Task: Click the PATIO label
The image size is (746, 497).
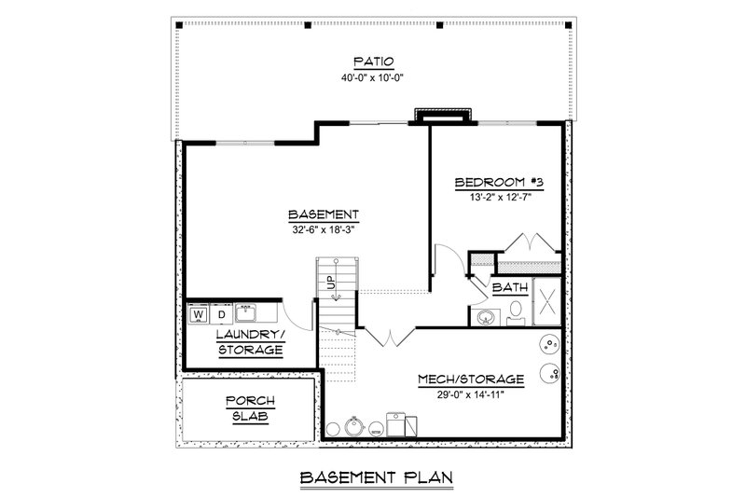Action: pos(374,62)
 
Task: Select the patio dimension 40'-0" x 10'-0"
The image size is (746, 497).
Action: pos(372,77)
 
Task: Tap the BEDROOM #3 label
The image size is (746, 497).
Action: pos(499,182)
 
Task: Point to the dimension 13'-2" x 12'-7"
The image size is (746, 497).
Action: pos(500,197)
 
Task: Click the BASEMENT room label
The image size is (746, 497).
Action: pos(324,214)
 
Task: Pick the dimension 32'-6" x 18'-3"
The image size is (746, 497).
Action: pos(324,229)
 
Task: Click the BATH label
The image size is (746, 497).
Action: pos(510,288)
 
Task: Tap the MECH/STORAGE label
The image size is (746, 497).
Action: pos(471,380)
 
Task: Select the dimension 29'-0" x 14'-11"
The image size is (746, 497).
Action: pos(471,394)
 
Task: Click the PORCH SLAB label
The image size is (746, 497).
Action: pos(250,408)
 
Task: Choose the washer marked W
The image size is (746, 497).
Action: pos(200,314)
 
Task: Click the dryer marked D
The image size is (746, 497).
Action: pos(222,314)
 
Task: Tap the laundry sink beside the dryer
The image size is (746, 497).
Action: pos(246,313)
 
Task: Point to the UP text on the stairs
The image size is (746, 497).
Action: pos(331,283)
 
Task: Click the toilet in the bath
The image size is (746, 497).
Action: pos(516,313)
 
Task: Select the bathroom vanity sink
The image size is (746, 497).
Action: pos(485,317)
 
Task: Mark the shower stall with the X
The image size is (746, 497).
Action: pos(547,301)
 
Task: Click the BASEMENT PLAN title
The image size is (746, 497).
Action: pos(377,477)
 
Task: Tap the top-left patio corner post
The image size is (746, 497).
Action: pos(179,25)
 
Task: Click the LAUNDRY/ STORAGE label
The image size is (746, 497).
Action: pos(251,342)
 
